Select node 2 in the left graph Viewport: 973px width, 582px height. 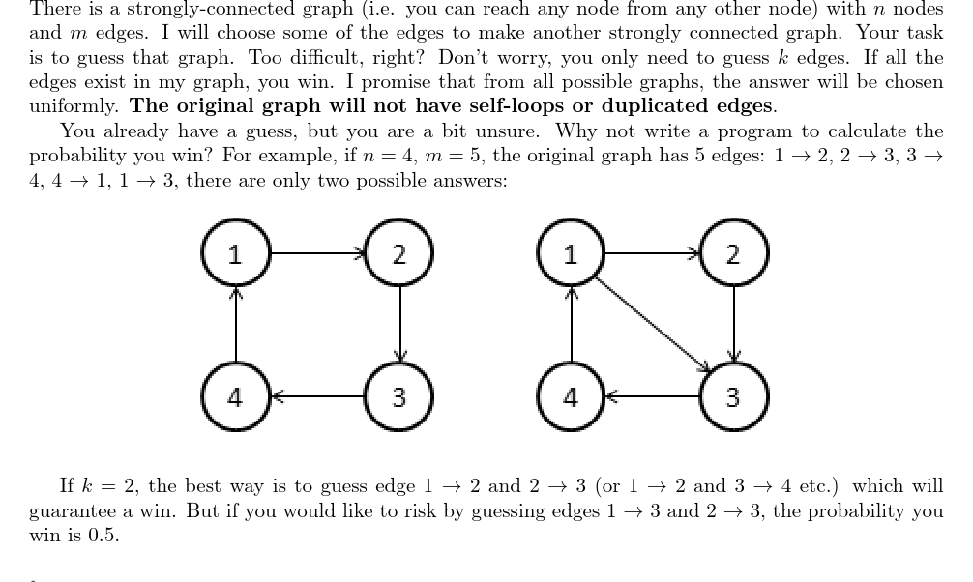pos(398,254)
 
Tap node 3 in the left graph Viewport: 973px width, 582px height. pos(398,396)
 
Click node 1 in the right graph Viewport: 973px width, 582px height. pos(571,254)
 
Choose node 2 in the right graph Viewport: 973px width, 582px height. pos(733,254)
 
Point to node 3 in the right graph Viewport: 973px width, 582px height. pos(733,396)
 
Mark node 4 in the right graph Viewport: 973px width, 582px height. pos(571,396)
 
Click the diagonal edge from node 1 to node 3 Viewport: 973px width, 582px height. pos(652,325)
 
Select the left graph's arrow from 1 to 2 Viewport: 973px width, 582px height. pos(317,254)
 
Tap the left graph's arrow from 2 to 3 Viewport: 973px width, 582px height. pos(398,325)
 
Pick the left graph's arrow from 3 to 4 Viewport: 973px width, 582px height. pos(317,396)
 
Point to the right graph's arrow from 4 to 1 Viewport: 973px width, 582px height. pos(571,325)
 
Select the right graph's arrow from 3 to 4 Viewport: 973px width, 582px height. pos(652,396)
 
